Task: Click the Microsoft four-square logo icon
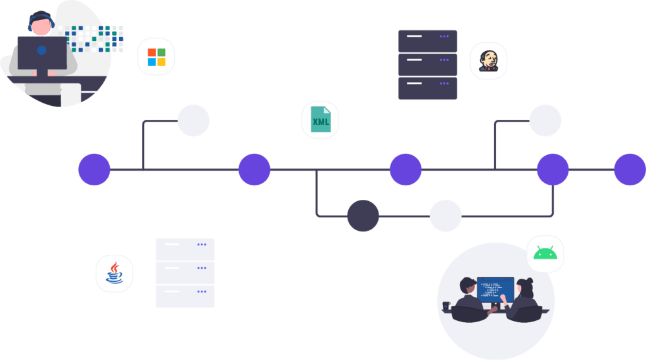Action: pos(156,57)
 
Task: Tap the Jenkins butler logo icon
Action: pos(488,61)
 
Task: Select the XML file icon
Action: pos(320,120)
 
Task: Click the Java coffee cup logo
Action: pos(114,273)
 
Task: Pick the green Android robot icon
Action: pos(545,253)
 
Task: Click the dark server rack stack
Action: pos(427,64)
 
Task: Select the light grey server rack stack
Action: pos(185,272)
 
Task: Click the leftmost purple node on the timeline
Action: pos(95,170)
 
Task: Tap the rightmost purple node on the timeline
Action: pos(630,170)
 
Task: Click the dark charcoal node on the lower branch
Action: pos(363,216)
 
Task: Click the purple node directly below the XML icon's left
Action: pos(254,170)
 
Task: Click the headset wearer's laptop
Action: pos(42,54)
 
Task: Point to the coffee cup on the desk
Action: pos(447,306)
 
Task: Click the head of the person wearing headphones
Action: pos(40,25)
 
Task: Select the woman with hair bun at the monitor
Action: pos(525,296)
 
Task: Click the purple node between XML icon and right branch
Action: pos(405,170)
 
